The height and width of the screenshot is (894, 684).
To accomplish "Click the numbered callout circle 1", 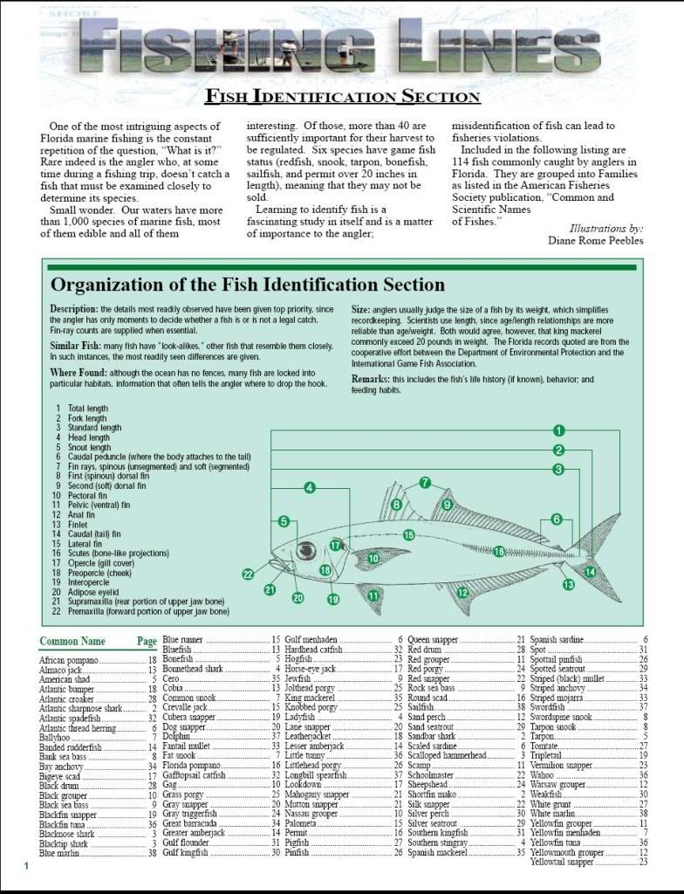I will (x=559, y=430).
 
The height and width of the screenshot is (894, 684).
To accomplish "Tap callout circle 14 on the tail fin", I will (x=590, y=572).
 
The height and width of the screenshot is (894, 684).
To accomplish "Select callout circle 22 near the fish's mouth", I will (x=248, y=574).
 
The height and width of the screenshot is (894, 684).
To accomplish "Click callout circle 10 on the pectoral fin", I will (x=373, y=557).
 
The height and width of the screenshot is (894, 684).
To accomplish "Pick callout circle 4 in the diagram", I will (x=309, y=488).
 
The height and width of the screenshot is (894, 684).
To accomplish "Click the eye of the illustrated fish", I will (x=306, y=550).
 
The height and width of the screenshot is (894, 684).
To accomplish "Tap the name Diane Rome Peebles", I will (x=595, y=240).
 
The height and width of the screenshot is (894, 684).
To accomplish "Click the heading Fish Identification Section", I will (x=342, y=97).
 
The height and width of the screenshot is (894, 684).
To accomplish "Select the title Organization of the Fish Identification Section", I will (x=248, y=285).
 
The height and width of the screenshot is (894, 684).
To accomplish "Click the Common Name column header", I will (x=72, y=642).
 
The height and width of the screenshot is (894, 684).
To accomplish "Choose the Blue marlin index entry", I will (x=61, y=853).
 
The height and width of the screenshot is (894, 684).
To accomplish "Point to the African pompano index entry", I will (x=69, y=661).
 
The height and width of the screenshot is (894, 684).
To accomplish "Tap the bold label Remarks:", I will (x=376, y=380).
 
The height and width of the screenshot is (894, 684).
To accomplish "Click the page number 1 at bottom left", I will (x=26, y=865).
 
